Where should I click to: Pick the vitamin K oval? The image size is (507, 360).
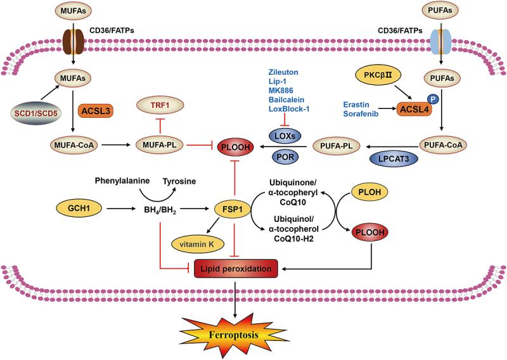click(183, 243)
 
